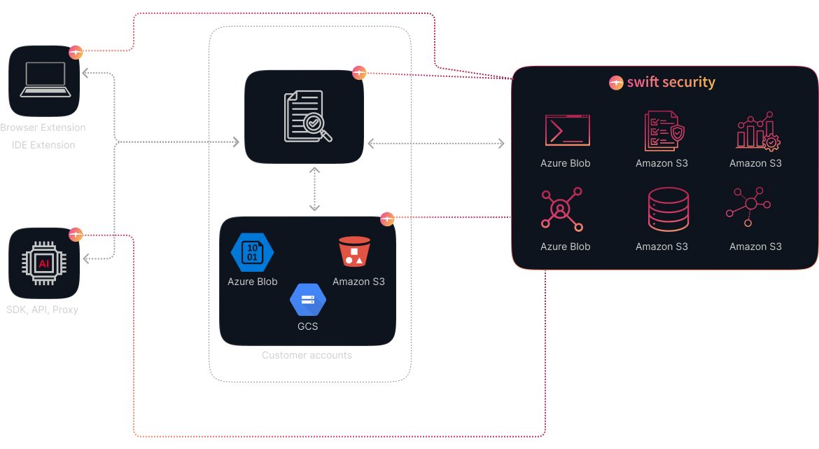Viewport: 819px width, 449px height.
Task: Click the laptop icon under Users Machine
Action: click(43, 80)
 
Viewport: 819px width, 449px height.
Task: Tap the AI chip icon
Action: click(43, 263)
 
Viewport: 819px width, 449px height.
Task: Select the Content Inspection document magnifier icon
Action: click(306, 117)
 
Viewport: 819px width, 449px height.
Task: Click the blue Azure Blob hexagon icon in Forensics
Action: click(252, 252)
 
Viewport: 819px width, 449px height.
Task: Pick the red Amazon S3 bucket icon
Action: click(354, 251)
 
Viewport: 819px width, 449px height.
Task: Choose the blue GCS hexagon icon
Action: click(307, 300)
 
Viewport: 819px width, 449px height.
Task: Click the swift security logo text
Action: click(662, 82)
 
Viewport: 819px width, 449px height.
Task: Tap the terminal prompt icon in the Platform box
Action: click(567, 130)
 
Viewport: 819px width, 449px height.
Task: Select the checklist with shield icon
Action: click(661, 130)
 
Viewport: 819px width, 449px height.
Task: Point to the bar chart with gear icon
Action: click(756, 131)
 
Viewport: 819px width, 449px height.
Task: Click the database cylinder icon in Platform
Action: click(661, 209)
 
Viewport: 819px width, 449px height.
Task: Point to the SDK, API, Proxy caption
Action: click(43, 309)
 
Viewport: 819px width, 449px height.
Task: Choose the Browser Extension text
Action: click(43, 127)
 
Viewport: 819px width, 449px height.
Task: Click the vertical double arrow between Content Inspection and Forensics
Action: click(314, 188)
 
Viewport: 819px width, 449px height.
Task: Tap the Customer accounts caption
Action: click(307, 355)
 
